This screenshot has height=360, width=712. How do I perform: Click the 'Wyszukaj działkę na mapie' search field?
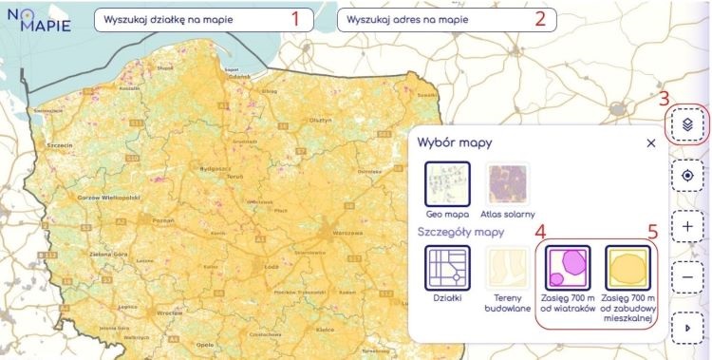[x=190, y=20]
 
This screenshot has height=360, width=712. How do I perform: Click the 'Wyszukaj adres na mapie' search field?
[x=432, y=20]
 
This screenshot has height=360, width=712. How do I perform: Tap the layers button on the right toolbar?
[x=690, y=124]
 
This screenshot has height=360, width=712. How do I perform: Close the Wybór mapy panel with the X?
[x=650, y=142]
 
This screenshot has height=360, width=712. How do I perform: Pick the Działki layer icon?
[x=447, y=268]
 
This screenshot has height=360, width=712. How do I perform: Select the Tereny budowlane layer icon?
[x=507, y=268]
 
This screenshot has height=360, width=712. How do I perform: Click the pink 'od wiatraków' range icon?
[x=568, y=268]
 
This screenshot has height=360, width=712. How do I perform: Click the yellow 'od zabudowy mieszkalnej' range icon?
[x=628, y=268]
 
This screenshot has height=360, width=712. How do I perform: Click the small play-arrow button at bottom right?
[x=690, y=328]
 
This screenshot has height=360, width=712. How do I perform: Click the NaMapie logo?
[x=39, y=19]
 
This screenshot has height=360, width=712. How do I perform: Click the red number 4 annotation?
[x=539, y=231]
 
